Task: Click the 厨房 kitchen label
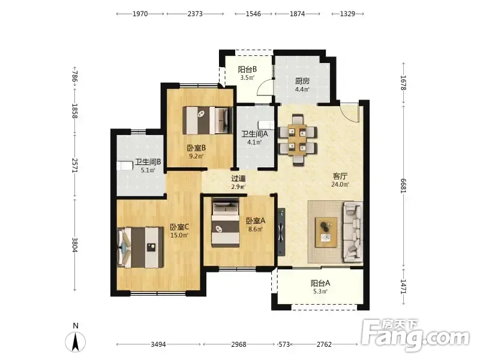(302, 81)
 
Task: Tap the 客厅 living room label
(340, 176)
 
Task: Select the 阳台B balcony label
(247, 70)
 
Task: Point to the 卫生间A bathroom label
(254, 134)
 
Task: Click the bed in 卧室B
(208, 121)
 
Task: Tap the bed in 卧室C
(140, 247)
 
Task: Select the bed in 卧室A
(226, 223)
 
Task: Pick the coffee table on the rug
(326, 232)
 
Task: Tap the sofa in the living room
(353, 232)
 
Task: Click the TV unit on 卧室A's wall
(281, 232)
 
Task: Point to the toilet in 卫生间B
(125, 166)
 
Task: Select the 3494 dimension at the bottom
(158, 344)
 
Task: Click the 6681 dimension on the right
(404, 186)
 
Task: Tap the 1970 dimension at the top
(140, 14)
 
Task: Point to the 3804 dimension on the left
(74, 245)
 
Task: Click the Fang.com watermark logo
(415, 335)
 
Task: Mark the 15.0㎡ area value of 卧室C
(179, 235)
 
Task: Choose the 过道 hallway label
(238, 178)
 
